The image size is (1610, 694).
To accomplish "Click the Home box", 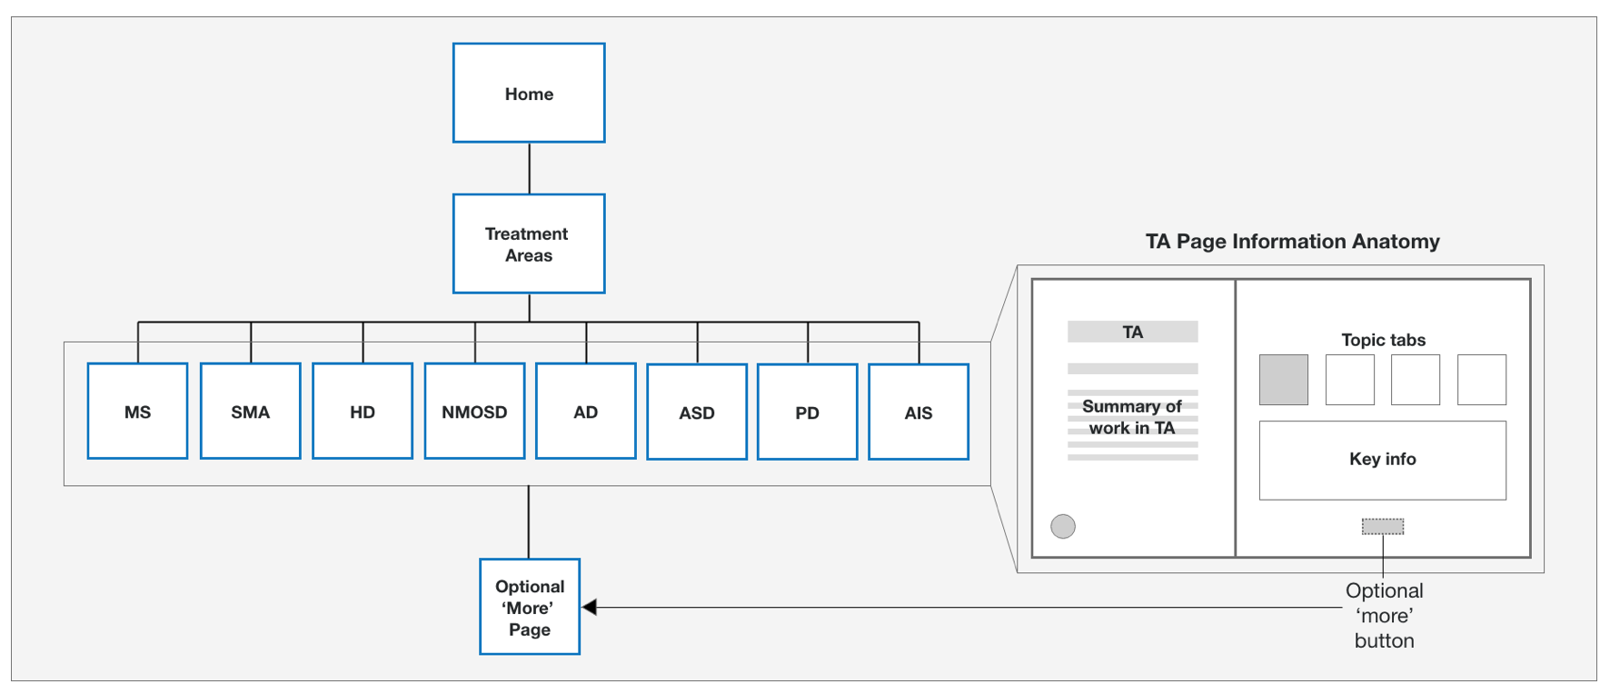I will point(529,93).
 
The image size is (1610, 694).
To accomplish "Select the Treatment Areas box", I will point(529,243).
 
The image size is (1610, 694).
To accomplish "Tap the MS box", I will point(137,411).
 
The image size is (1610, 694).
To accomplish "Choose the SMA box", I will point(250,411).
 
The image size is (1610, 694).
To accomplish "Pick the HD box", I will point(363,411).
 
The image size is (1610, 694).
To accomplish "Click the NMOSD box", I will point(474,411).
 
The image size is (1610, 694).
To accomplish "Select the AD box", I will point(586,411).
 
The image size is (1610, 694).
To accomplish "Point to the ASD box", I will point(697,412).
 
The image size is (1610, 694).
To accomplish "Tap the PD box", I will point(807,412).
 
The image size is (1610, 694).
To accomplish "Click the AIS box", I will point(919,412).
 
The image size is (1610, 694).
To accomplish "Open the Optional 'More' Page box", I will point(530,607).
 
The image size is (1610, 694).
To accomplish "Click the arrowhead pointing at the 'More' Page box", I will point(590,607).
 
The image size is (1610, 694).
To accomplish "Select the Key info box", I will point(1382,460).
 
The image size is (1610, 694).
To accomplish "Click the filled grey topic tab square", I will point(1283,380).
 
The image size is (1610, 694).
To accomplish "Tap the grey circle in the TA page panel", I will point(1063,526).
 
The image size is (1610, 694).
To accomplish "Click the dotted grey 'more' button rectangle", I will point(1382,526).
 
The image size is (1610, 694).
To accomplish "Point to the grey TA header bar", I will point(1132,332).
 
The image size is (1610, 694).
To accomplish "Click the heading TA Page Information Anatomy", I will point(1292,242).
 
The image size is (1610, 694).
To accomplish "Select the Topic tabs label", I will point(1383,340).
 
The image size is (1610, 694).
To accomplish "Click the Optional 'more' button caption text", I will point(1384,615).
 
